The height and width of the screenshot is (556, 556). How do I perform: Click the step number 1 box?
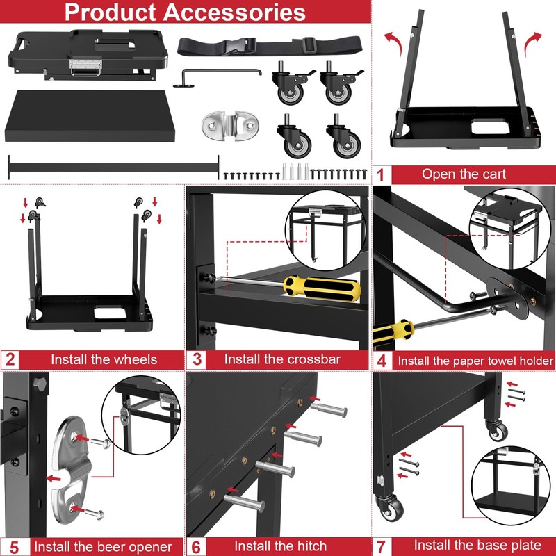[x=381, y=174]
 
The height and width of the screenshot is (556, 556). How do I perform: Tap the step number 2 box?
[x=10, y=359]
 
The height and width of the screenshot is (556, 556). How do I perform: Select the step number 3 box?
[x=197, y=359]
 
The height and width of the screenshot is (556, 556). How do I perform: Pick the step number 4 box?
[x=382, y=360]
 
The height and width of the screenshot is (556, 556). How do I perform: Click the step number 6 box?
[x=197, y=545]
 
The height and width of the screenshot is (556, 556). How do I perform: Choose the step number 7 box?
[x=382, y=545]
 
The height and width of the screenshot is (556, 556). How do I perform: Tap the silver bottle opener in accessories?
[x=229, y=126]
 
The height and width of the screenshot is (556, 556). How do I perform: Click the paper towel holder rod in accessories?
[x=221, y=72]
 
